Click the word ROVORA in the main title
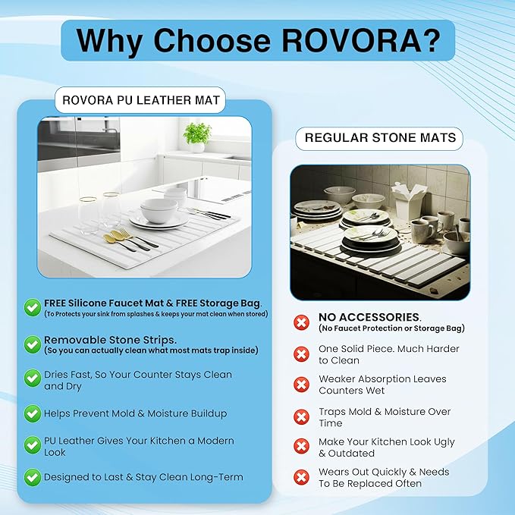pyautogui.click(x=352, y=40)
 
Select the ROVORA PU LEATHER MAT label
pyautogui.click(x=140, y=100)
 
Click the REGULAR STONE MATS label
pyautogui.click(x=380, y=138)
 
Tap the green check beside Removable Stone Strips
pyautogui.click(x=33, y=344)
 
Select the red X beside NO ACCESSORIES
pyautogui.click(x=301, y=322)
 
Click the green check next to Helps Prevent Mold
pyautogui.click(x=33, y=413)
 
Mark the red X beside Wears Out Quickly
pyautogui.click(x=301, y=477)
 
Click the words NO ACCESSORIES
pyautogui.click(x=369, y=317)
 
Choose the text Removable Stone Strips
pyautogui.click(x=110, y=340)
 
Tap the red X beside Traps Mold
pyautogui.click(x=301, y=417)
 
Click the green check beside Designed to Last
pyautogui.click(x=33, y=477)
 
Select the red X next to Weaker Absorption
pyautogui.click(x=301, y=385)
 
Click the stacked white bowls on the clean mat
pyautogui.click(x=159, y=210)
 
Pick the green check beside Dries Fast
pyautogui.click(x=33, y=378)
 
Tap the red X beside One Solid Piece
pyautogui.click(x=301, y=354)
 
